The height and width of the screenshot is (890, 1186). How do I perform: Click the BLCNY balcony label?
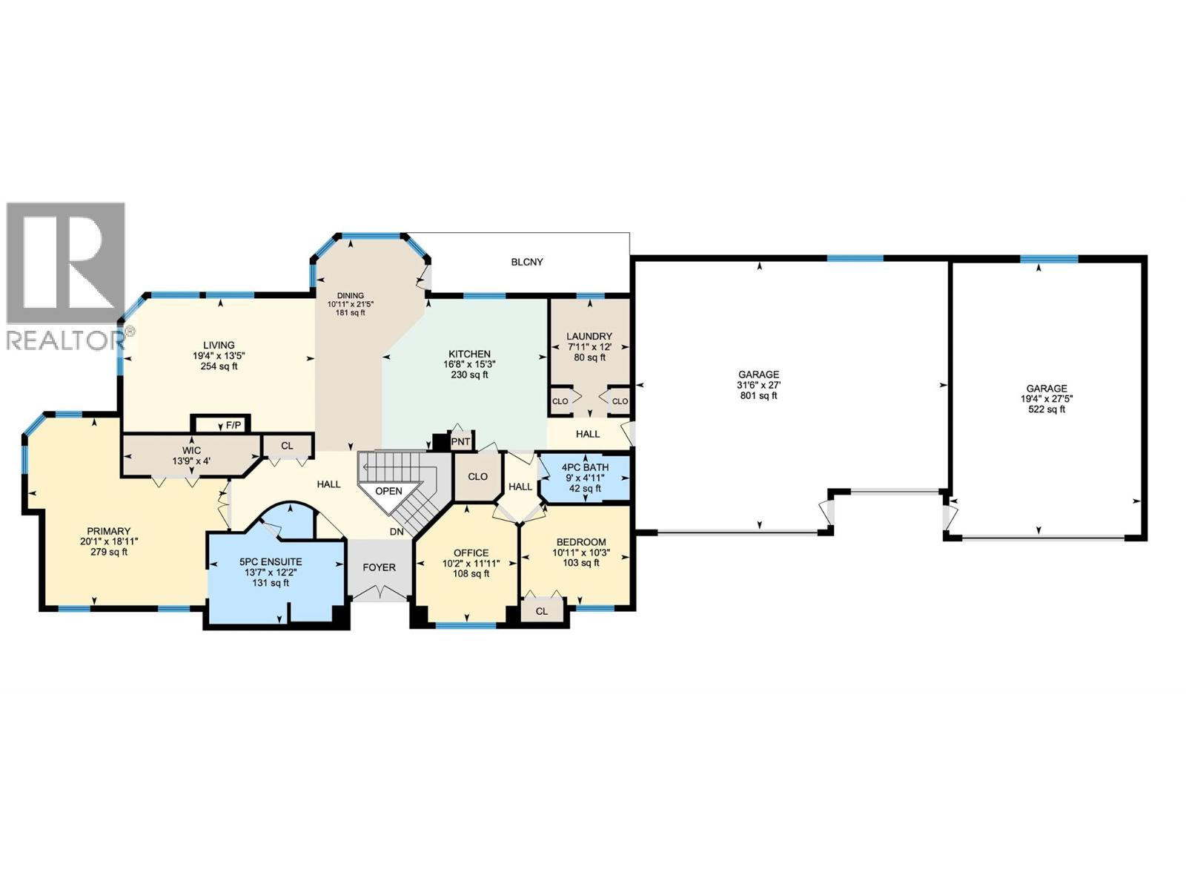[x=527, y=262]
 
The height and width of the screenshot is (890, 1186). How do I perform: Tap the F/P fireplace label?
[x=233, y=425]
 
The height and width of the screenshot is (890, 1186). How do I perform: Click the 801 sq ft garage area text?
[x=758, y=396]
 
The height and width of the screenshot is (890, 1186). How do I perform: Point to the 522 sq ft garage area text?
[x=1046, y=409]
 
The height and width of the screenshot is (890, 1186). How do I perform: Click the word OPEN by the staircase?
[x=388, y=491]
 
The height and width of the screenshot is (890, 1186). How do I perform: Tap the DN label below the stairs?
[x=397, y=532]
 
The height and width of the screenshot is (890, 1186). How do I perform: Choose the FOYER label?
[x=379, y=567]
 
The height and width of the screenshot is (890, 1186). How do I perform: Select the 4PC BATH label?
[x=585, y=467]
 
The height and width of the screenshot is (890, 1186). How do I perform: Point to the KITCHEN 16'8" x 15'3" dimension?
[x=469, y=364]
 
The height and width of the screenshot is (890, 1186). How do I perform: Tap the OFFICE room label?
[x=471, y=553]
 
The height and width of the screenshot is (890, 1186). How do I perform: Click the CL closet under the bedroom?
[x=542, y=611]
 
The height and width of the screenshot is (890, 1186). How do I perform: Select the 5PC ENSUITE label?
[x=271, y=562]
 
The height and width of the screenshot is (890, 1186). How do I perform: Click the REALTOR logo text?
[x=65, y=340]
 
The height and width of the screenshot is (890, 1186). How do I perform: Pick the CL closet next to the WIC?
[x=287, y=446]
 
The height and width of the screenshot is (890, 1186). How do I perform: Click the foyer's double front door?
[x=379, y=592]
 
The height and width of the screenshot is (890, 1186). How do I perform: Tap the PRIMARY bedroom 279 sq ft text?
[x=108, y=552]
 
